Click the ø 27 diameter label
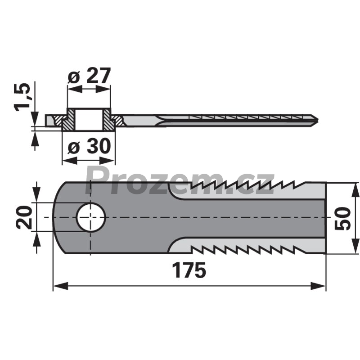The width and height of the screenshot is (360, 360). pos(89,76)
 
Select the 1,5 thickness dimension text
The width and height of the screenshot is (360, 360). pos(22,97)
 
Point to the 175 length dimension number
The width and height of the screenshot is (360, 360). pos(189,270)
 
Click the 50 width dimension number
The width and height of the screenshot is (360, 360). pos(342,218)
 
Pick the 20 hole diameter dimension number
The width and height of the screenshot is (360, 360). pos(24,217)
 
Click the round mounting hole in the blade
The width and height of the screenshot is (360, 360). pos(91,217)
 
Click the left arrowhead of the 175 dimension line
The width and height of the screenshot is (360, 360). pos(61,286)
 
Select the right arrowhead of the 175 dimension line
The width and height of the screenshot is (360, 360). pos(318,286)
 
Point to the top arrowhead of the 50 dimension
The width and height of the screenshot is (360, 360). pos(355,190)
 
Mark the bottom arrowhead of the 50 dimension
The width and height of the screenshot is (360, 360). pos(355,246)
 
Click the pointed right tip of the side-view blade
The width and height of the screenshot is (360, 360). pos(318,120)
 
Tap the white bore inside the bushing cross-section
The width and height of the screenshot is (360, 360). pos(89,120)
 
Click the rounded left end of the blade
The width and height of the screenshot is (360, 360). pos(55,217)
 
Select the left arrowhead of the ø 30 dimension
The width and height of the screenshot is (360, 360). pos(70,161)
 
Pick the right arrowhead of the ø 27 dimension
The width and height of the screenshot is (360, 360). pos(103,89)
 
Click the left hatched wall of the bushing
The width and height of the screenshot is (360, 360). pos(68,120)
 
